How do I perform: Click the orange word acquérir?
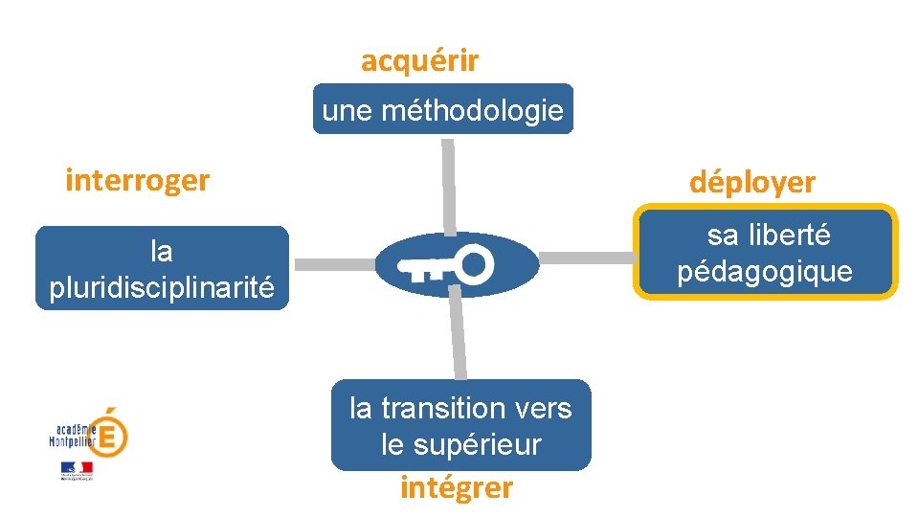[419, 61]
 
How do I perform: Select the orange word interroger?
[137, 180]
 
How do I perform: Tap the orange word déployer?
[752, 183]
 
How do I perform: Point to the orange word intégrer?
[457, 488]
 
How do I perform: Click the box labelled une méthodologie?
[442, 109]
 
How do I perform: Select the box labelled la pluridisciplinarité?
[162, 268]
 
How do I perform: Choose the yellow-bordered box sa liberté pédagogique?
[766, 253]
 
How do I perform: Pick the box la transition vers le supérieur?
[460, 425]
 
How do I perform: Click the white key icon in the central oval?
[446, 264]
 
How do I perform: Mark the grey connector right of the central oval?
[587, 258]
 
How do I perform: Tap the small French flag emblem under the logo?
[77, 469]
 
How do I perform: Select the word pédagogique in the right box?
[765, 272]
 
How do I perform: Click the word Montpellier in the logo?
[73, 441]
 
